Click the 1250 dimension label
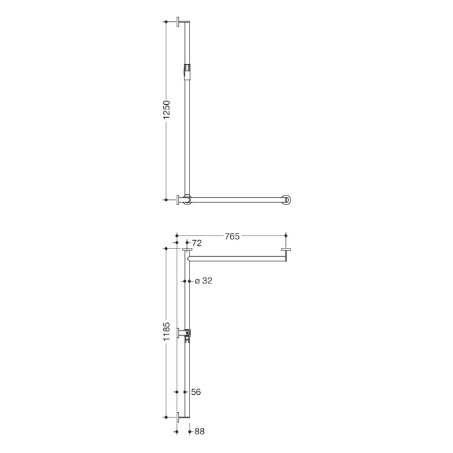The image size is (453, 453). (x=166, y=110)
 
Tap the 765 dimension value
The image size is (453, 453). (x=232, y=237)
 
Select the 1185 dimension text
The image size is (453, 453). (x=166, y=333)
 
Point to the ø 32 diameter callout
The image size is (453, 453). (x=203, y=281)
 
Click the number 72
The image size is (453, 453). (x=198, y=243)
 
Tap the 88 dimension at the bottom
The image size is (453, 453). (x=199, y=430)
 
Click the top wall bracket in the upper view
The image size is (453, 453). (x=182, y=22)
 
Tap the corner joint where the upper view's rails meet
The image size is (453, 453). (x=188, y=199)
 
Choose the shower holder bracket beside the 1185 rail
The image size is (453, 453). (x=187, y=334)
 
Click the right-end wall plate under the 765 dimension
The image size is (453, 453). (x=286, y=250)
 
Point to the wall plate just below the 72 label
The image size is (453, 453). (x=188, y=250)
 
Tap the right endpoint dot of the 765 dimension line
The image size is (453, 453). (x=286, y=237)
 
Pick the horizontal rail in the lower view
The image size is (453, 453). (x=236, y=258)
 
